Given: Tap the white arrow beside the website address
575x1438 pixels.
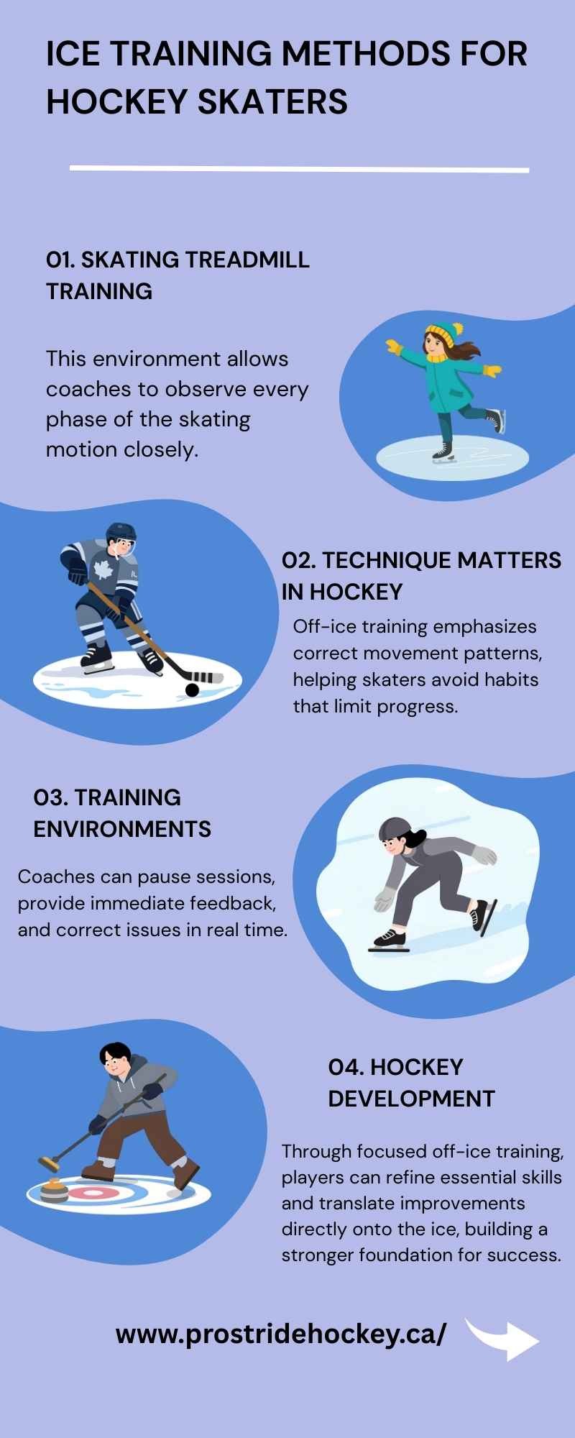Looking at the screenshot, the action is coord(503,1338).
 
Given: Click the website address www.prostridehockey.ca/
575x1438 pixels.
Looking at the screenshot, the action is coord(281,1334).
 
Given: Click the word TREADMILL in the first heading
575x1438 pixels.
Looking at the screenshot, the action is coord(247,260).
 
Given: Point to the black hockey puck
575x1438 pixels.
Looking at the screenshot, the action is coord(192,690).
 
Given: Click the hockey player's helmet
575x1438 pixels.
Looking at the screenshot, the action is coord(121,535).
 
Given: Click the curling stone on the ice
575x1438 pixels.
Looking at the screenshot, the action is coord(54,1189).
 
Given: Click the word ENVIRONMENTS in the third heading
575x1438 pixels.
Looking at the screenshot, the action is coord(122,829).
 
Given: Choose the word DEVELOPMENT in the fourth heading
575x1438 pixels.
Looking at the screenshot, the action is coord(412,1099).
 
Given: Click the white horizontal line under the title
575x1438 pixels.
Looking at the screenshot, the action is coord(299,169).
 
